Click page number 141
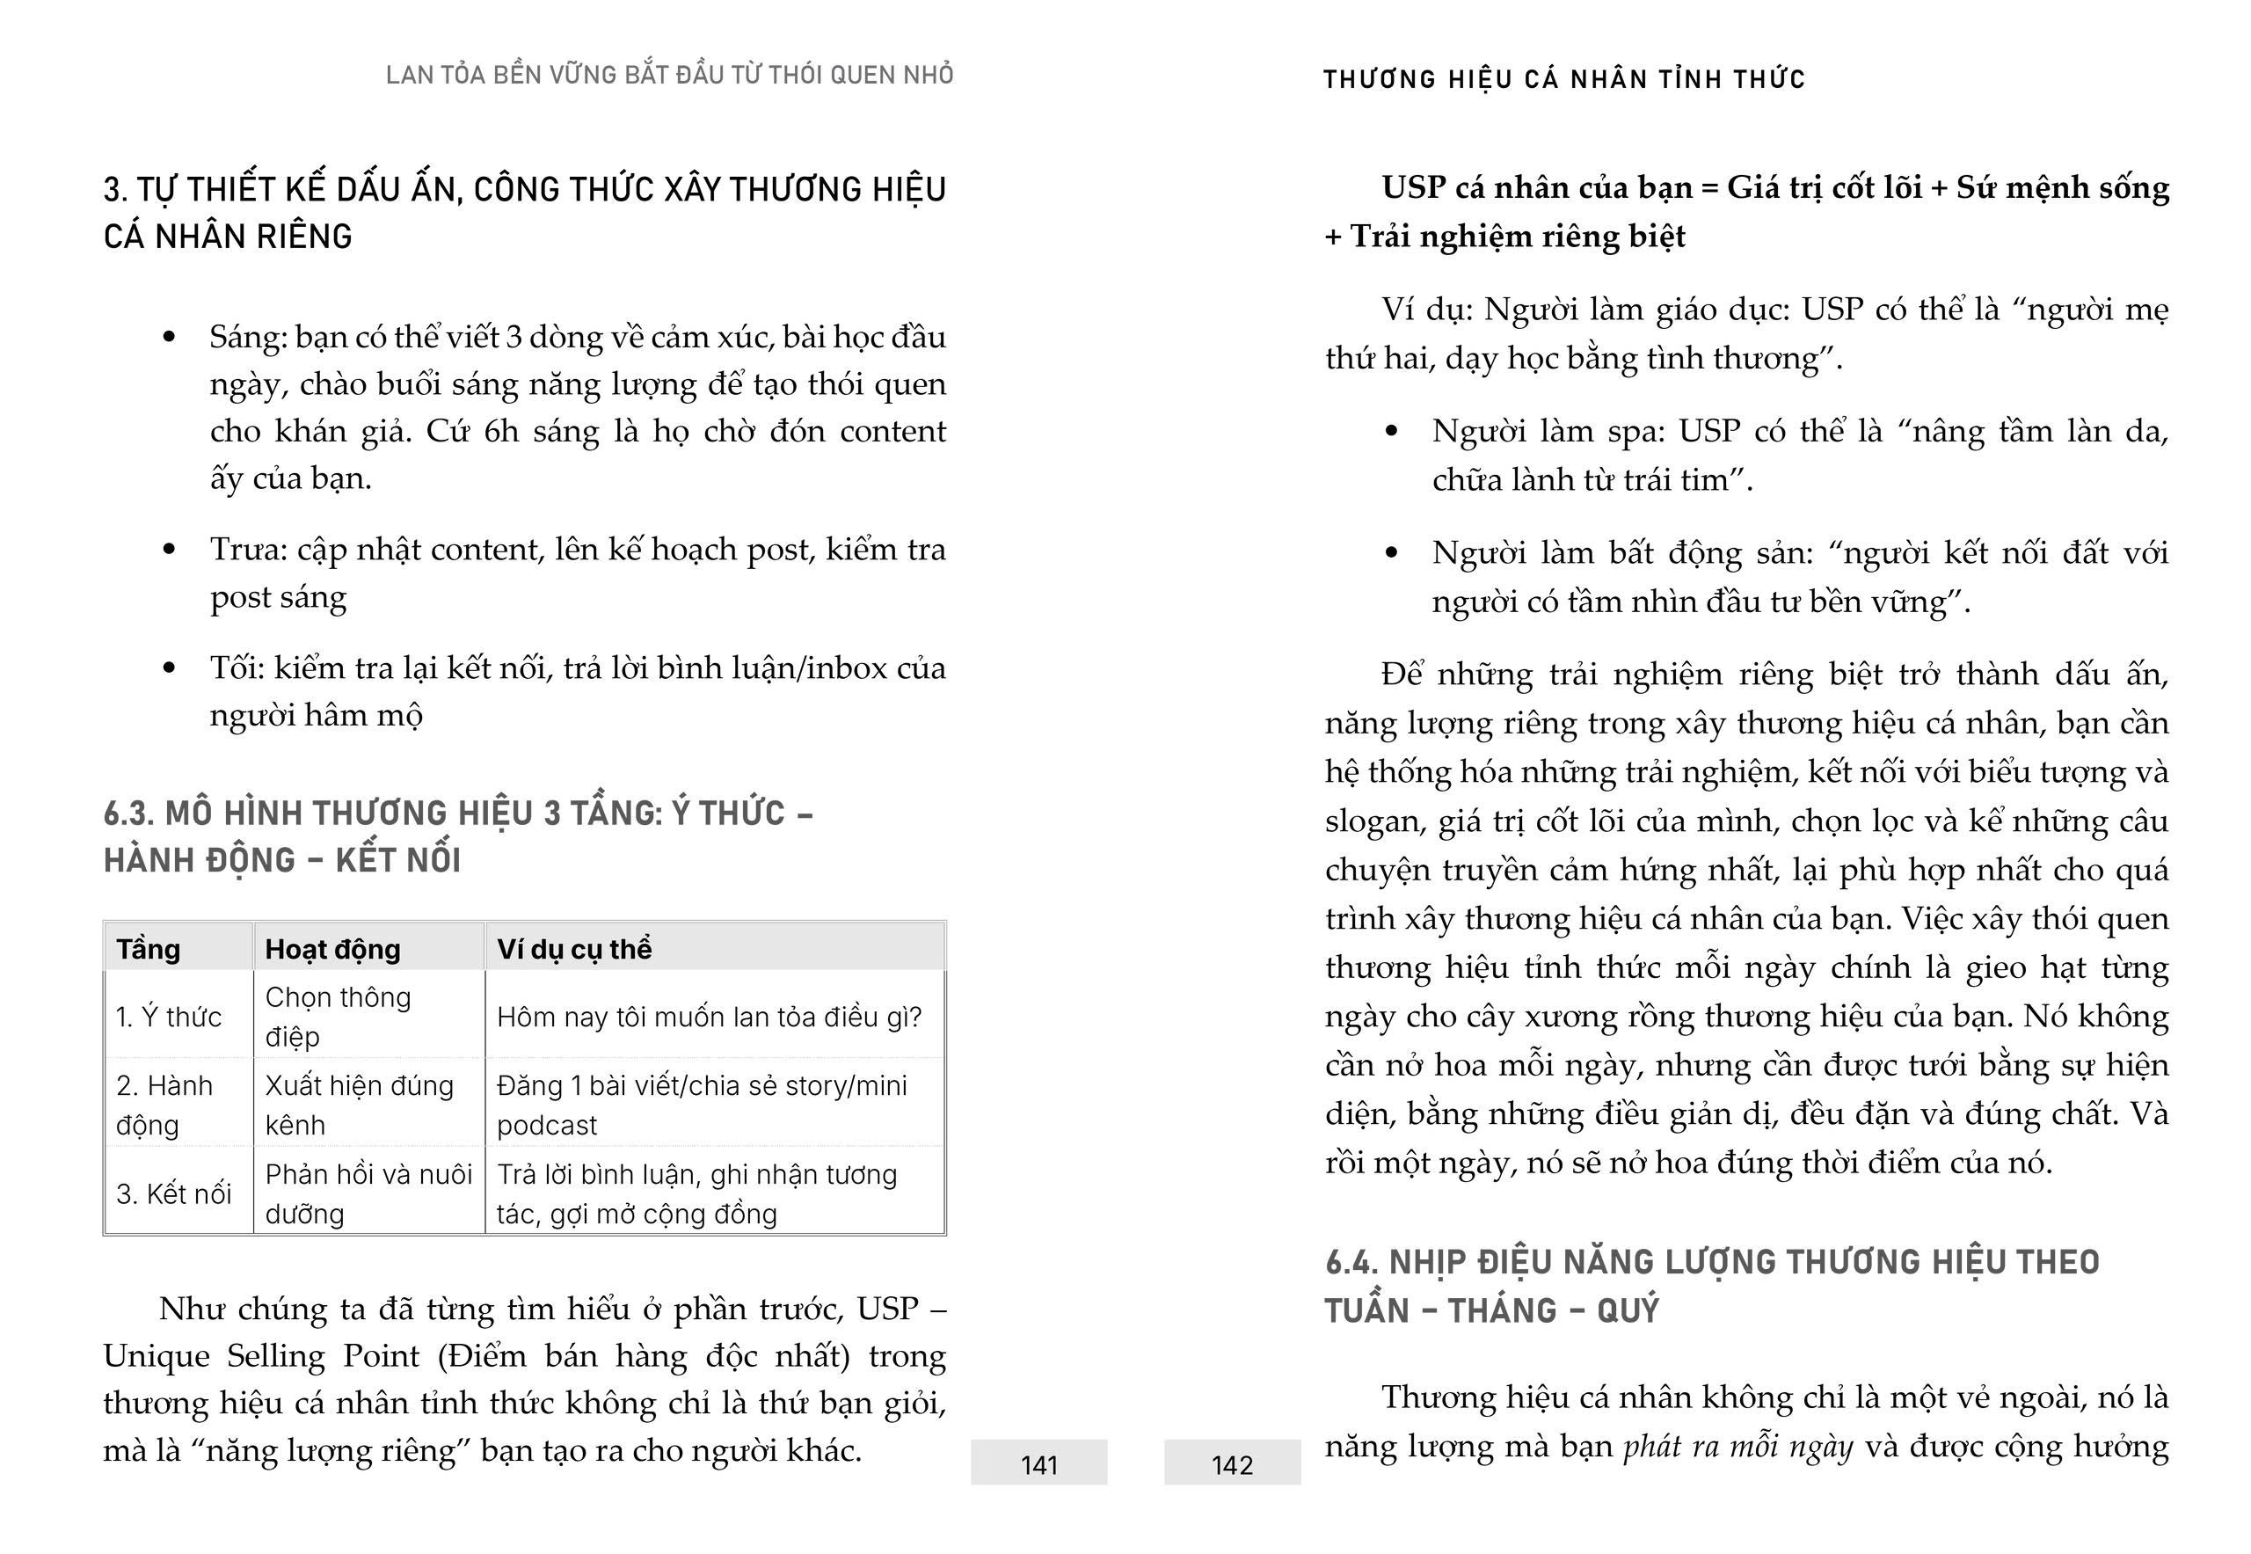point(1038,1464)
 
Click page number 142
point(1232,1464)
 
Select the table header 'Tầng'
point(148,948)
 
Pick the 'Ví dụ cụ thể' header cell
point(573,948)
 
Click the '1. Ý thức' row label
point(169,1017)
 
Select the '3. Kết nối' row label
point(173,1193)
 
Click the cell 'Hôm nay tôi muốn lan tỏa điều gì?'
point(709,1017)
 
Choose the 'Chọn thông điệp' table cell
point(338,1016)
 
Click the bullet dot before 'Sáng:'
point(170,337)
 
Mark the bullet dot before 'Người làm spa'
point(1391,431)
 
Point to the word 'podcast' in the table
point(547,1126)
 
